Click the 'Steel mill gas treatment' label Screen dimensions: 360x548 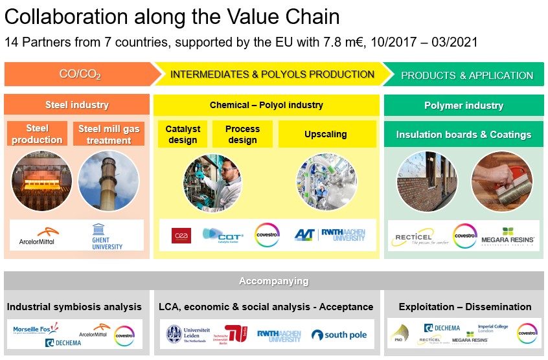pos(109,134)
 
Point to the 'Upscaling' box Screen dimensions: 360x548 pos(326,134)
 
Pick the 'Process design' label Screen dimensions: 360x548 pos(242,134)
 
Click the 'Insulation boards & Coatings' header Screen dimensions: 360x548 pos(463,135)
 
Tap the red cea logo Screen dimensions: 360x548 pos(181,236)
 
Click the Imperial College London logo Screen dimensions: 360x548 pos(494,327)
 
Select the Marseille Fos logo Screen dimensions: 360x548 pos(36,330)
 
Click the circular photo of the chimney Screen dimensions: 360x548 pos(108,181)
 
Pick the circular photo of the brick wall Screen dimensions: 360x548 pos(427,181)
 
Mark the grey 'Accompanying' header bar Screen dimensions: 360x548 pos(273,281)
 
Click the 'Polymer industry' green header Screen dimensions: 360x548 pos(463,105)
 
